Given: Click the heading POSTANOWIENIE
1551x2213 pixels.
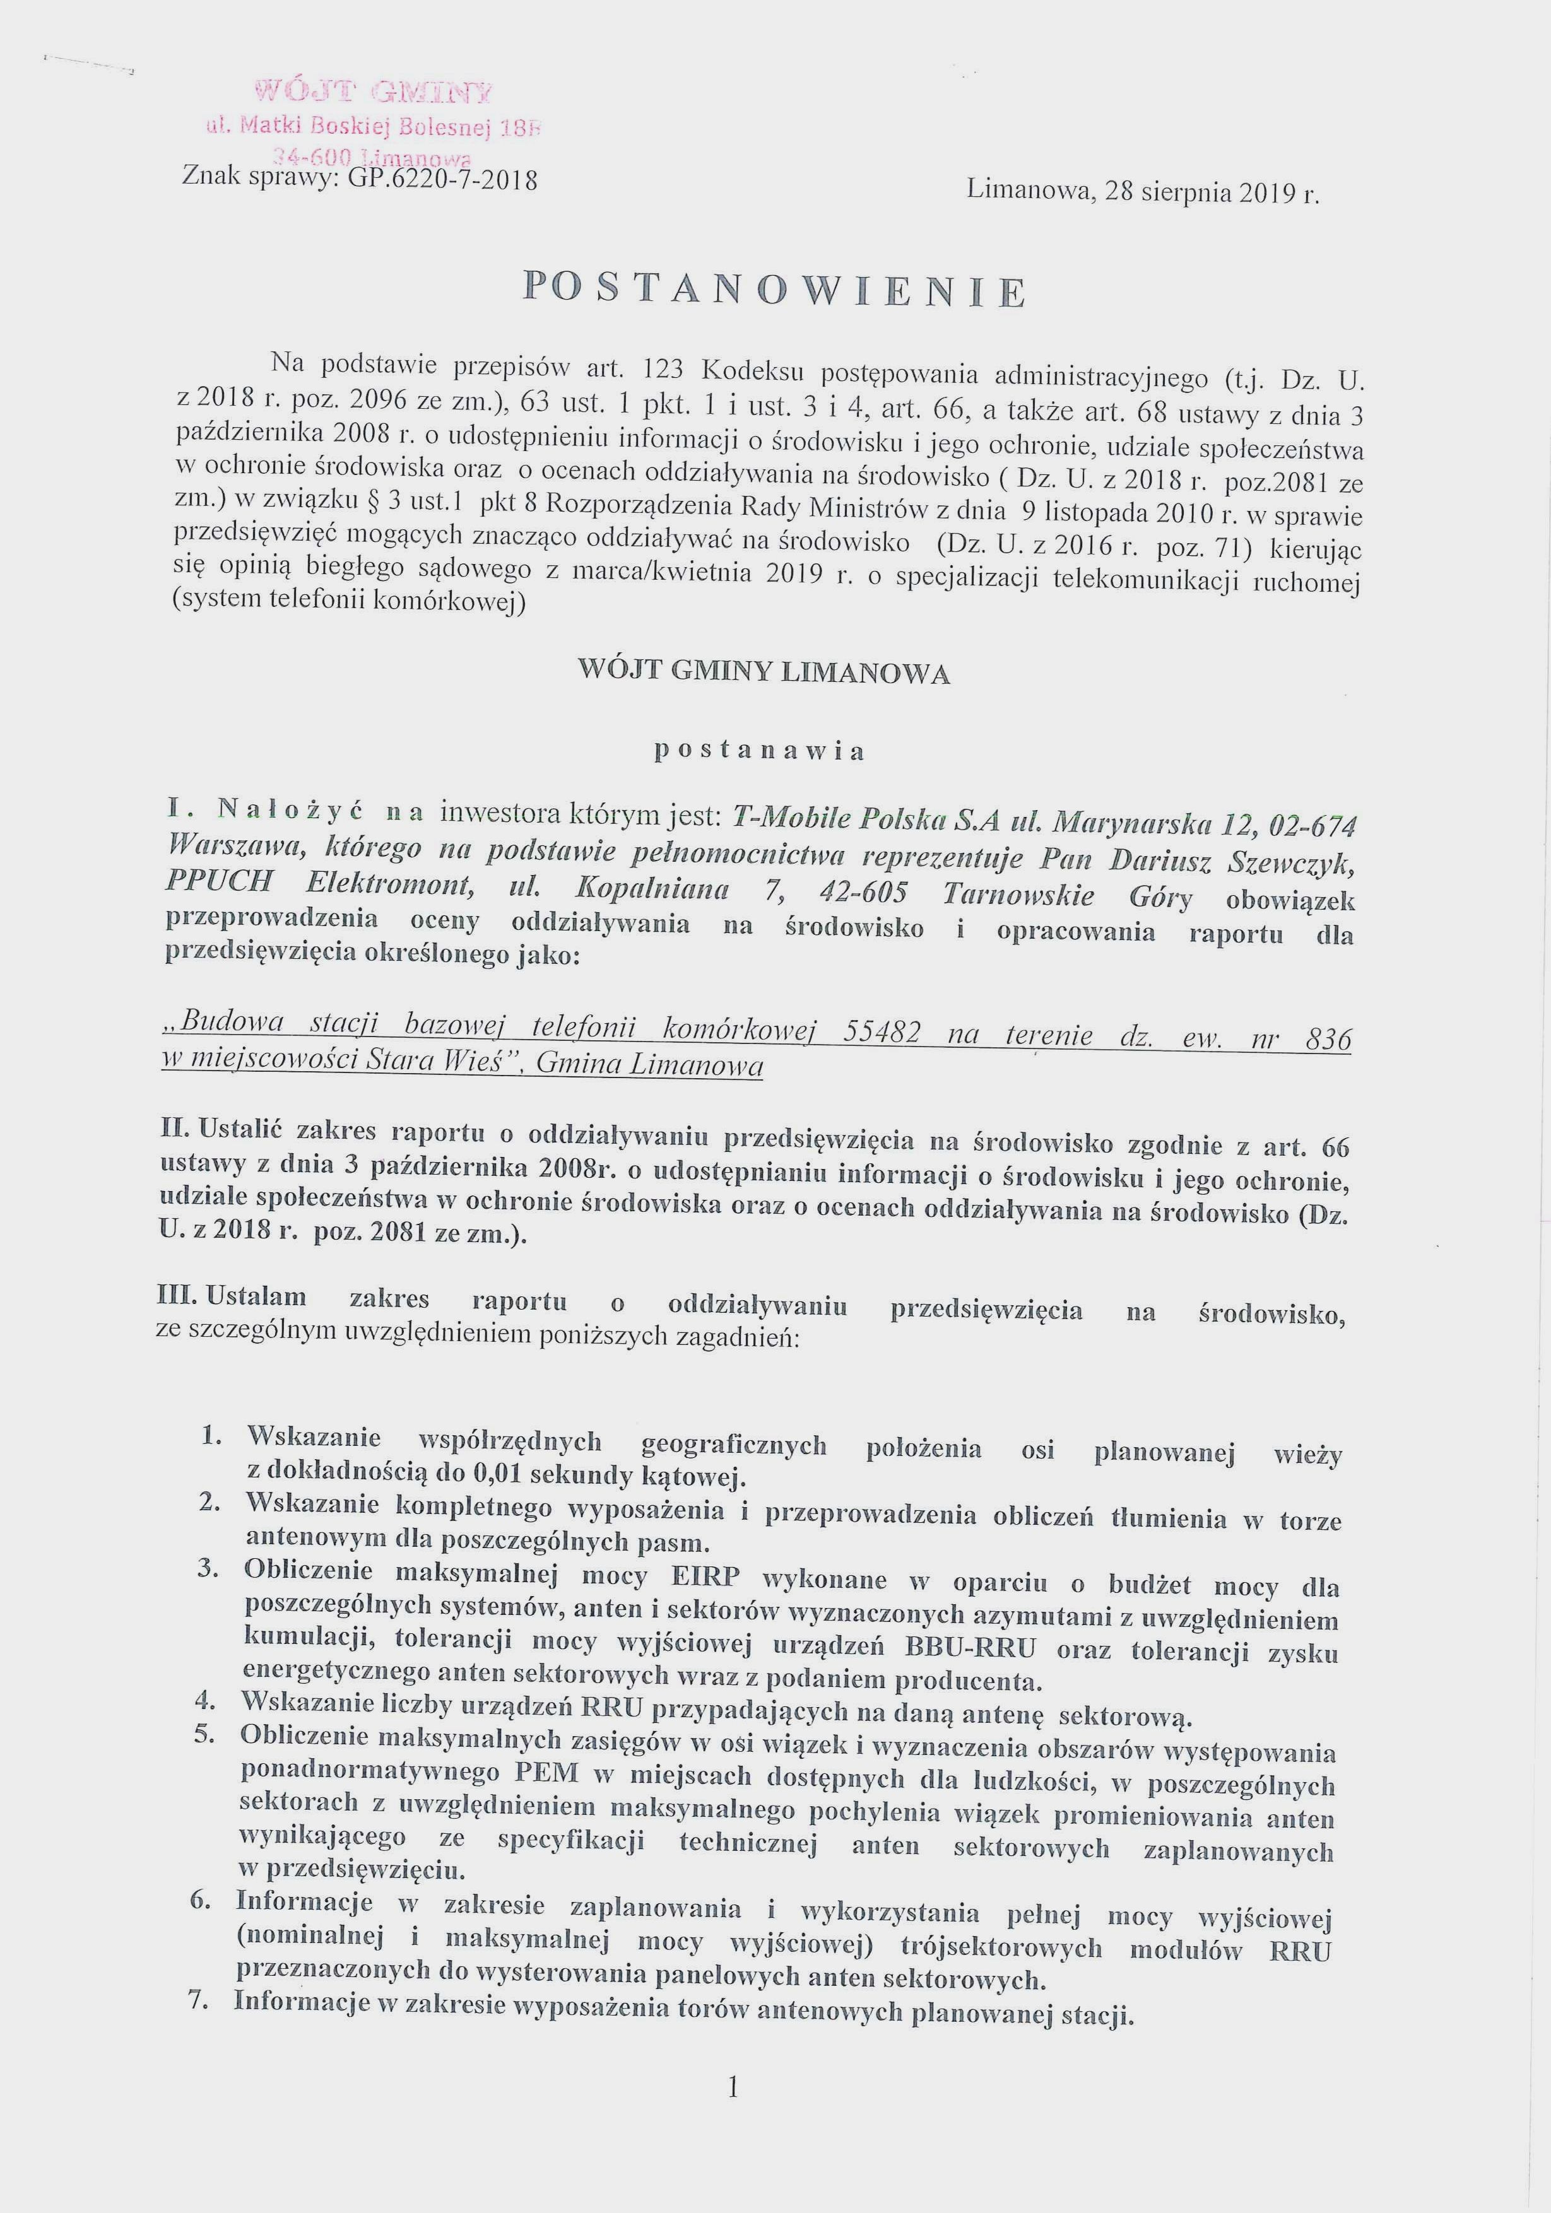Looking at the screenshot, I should pos(774,289).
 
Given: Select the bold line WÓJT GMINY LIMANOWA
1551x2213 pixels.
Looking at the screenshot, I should pos(764,672).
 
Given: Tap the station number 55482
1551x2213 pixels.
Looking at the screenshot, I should pos(881,1032).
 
